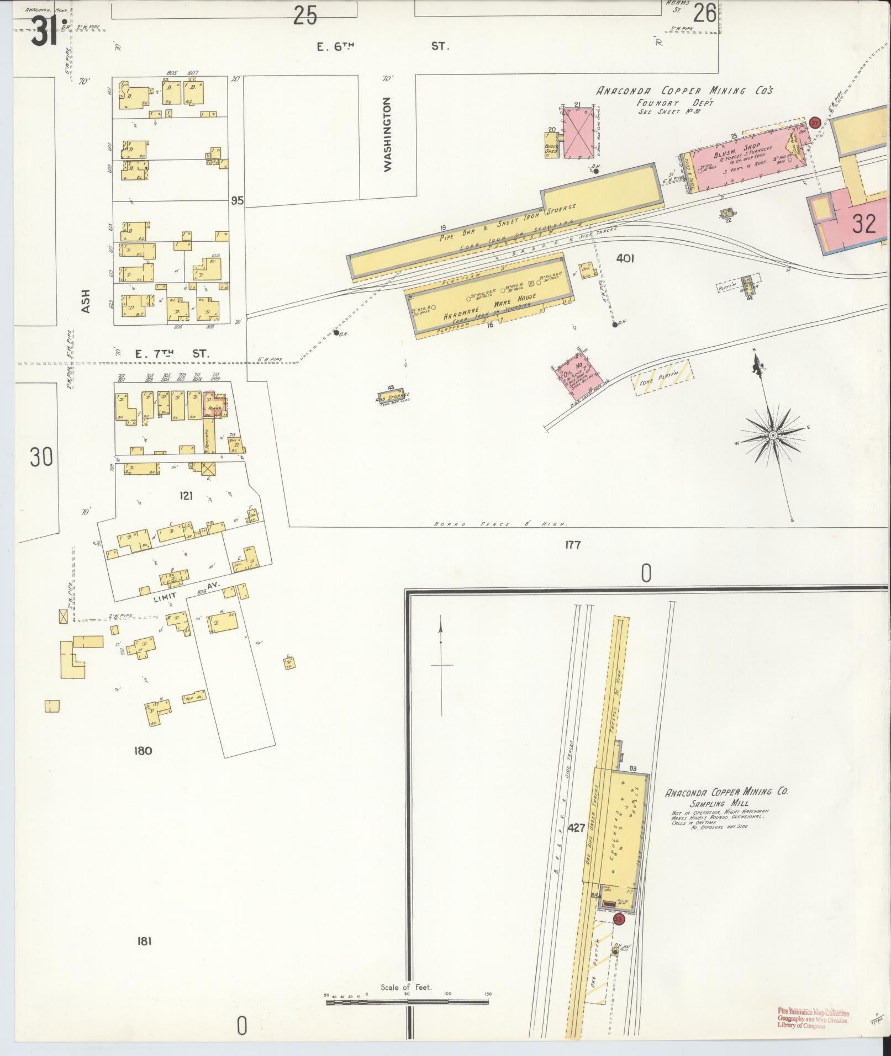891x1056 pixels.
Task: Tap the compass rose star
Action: coord(773,436)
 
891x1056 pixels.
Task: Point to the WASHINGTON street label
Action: coord(387,135)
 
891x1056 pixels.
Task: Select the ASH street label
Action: coord(86,302)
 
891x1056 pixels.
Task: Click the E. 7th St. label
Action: coord(172,354)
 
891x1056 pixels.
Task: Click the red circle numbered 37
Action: coord(814,122)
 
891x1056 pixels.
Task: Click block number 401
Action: coord(625,258)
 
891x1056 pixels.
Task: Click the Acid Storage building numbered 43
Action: coord(392,396)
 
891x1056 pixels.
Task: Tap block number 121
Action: coord(186,496)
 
